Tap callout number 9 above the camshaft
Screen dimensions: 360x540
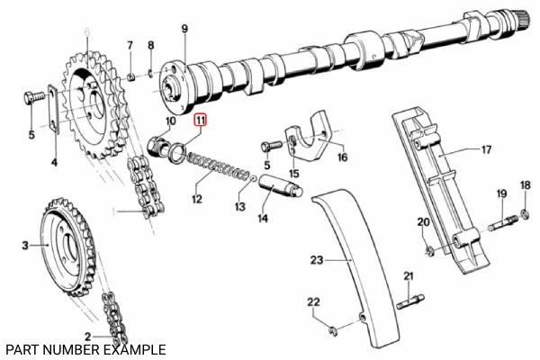click(184, 30)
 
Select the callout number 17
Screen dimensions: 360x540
click(485, 150)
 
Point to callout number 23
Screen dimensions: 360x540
click(316, 261)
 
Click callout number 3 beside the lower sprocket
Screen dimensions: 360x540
click(25, 243)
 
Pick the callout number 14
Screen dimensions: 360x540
click(264, 218)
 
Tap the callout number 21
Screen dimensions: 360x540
click(407, 275)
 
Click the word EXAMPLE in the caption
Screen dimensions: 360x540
click(132, 348)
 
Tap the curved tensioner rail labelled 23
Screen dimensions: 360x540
click(355, 270)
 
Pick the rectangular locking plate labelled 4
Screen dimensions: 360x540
click(52, 112)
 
